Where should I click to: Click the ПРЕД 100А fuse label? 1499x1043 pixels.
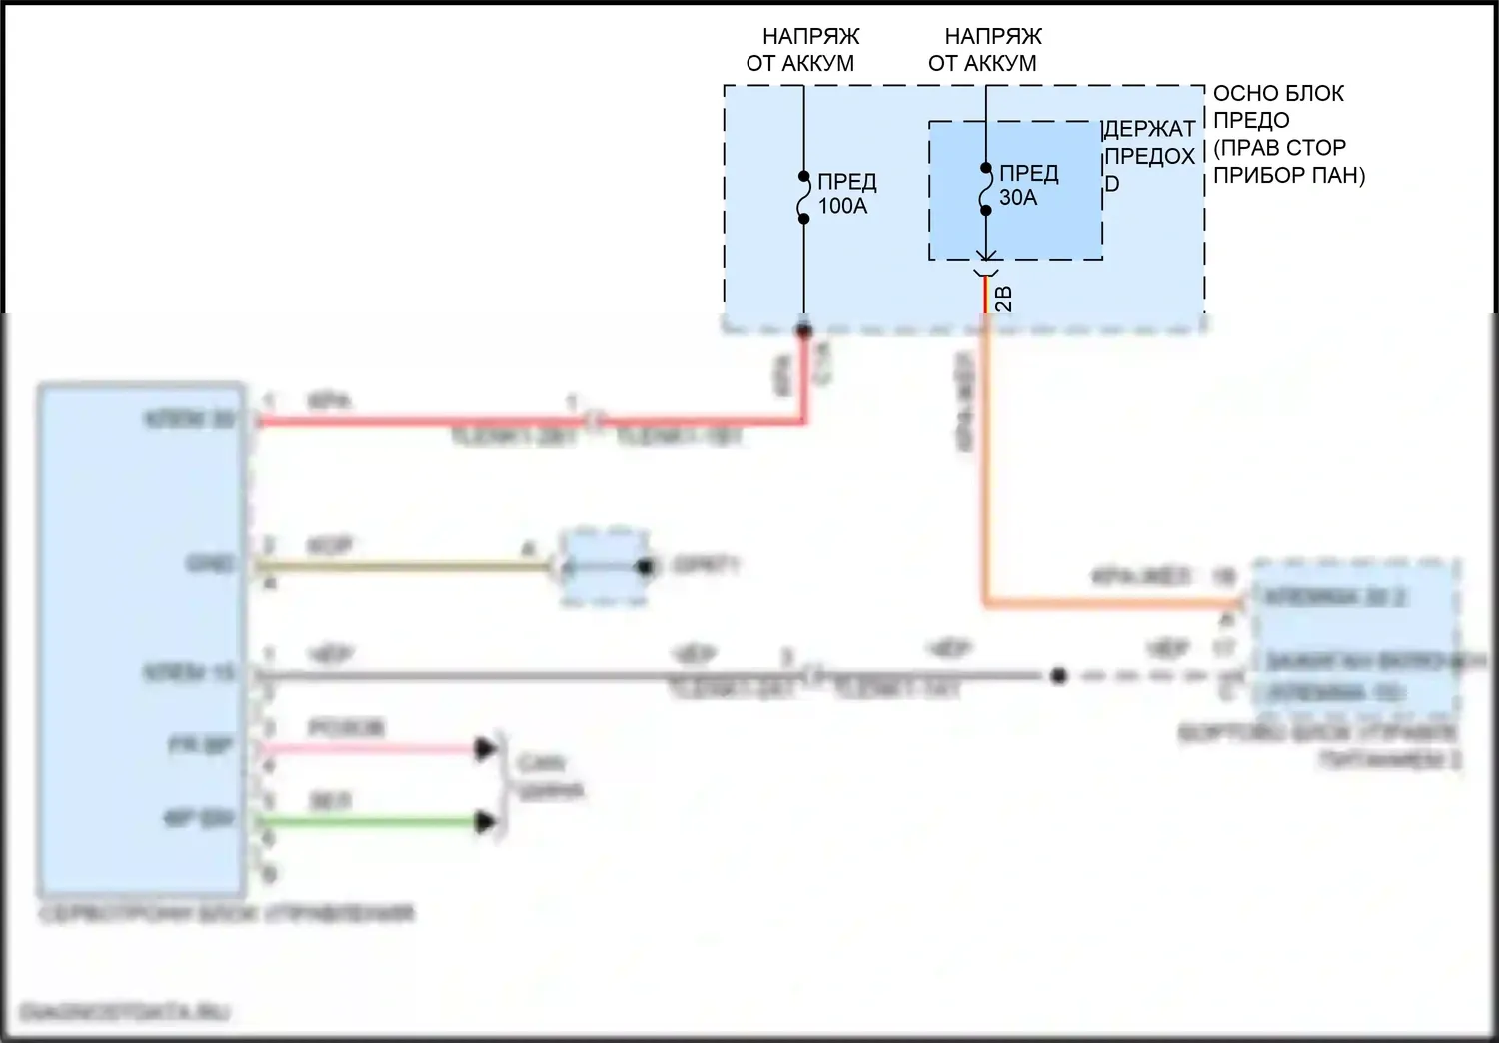846,194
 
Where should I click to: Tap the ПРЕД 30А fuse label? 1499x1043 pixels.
1027,186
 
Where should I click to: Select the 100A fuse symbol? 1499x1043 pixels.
803,197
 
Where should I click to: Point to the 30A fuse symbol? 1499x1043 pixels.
985,189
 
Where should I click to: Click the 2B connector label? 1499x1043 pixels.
1004,298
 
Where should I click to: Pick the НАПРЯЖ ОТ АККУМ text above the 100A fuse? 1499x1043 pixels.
802,50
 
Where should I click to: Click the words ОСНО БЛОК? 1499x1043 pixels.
1278,94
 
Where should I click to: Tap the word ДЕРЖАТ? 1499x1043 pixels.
1150,129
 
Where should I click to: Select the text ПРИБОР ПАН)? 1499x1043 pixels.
1288,175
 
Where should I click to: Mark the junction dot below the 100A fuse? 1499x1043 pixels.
803,330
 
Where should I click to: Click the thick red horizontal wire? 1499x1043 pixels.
420,422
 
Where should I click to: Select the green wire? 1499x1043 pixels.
370,822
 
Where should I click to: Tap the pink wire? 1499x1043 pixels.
370,748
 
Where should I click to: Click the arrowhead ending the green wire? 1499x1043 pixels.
486,822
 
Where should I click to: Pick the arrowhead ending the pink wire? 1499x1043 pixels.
486,748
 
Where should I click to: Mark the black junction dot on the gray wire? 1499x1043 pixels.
1059,676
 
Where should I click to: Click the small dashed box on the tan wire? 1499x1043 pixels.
604,567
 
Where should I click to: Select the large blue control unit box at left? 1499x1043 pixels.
141,639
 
